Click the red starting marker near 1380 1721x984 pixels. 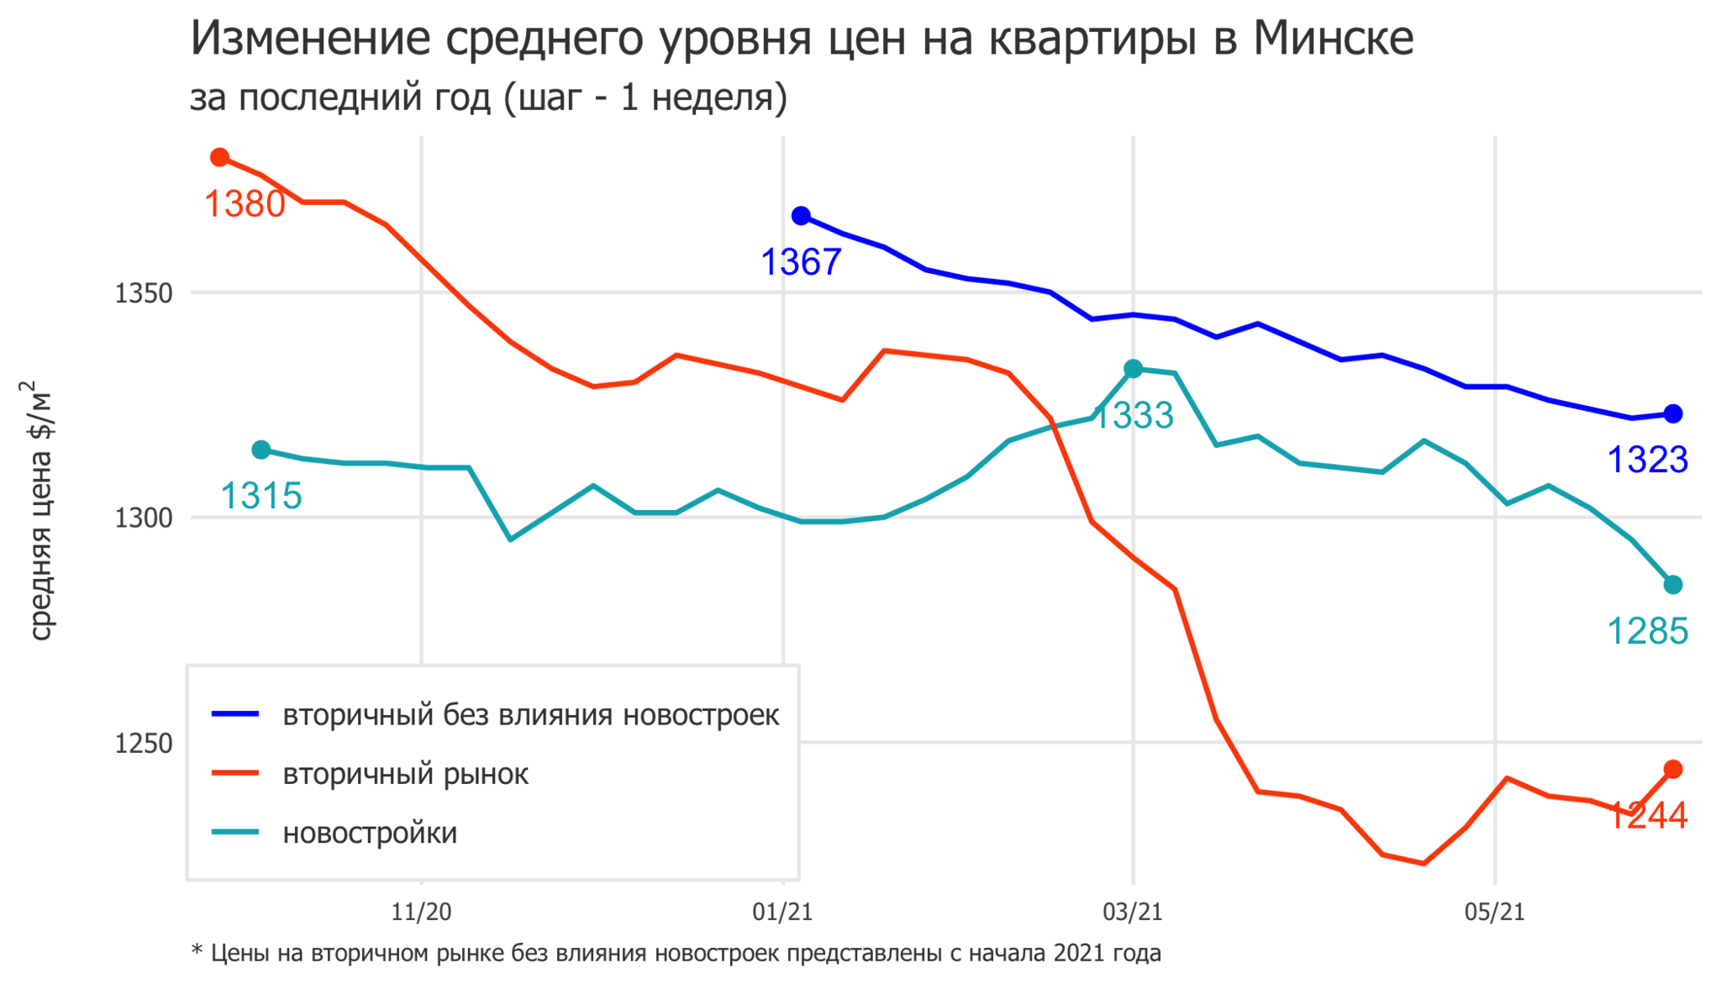(220, 157)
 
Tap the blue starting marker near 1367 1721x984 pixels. (802, 216)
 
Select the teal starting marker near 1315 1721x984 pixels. (261, 450)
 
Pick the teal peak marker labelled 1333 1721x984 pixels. (1134, 368)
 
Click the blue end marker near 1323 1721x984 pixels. (1673, 413)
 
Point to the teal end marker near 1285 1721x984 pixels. (1673, 584)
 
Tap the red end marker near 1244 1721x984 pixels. (1673, 769)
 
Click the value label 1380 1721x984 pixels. (245, 204)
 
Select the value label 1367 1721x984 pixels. (801, 263)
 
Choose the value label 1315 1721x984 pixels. (261, 496)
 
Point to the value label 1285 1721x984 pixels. (1648, 631)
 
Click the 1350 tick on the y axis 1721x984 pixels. (144, 293)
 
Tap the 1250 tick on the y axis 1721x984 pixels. (144, 743)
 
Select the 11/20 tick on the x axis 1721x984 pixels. (422, 912)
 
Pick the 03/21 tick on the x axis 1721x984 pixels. (1133, 912)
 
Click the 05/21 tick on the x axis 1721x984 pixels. (1494, 912)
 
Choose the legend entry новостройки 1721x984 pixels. (370, 833)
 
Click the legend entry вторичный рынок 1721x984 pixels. (405, 774)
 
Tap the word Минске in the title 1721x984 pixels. (1334, 39)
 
